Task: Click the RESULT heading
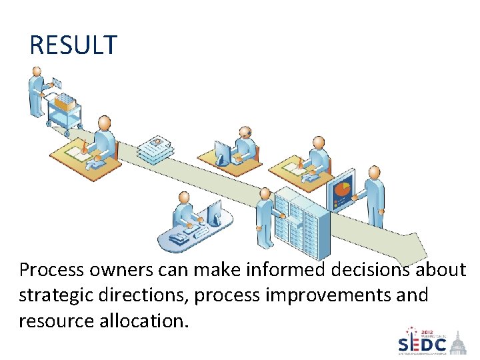click(x=73, y=45)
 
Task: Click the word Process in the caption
click(x=51, y=270)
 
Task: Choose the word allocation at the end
click(x=143, y=321)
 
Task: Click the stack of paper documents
click(x=155, y=150)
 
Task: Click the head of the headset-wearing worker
click(x=245, y=131)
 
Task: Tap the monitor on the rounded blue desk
click(x=214, y=214)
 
